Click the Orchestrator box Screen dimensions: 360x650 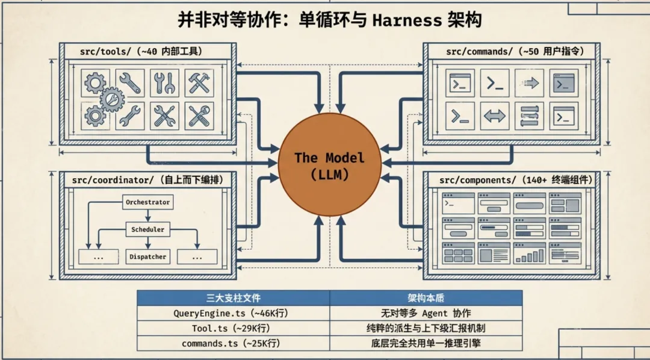click(x=147, y=202)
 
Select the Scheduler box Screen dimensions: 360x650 click(x=147, y=229)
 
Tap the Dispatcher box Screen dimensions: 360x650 click(x=147, y=257)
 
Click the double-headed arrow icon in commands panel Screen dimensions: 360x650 click(x=495, y=116)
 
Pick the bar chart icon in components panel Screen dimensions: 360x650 click(x=529, y=255)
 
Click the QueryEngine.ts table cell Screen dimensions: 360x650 click(x=234, y=313)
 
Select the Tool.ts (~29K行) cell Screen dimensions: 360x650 click(x=234, y=328)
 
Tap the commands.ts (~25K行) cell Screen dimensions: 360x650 click(x=234, y=343)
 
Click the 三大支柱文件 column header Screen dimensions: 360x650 click(x=234, y=298)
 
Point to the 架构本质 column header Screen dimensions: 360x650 click(x=426, y=298)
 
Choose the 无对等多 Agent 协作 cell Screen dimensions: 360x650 click(x=426, y=313)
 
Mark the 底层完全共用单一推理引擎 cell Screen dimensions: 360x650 click(x=426, y=343)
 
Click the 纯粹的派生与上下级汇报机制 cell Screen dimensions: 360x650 click(x=426, y=328)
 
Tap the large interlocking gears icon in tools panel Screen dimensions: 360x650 click(x=104, y=98)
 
